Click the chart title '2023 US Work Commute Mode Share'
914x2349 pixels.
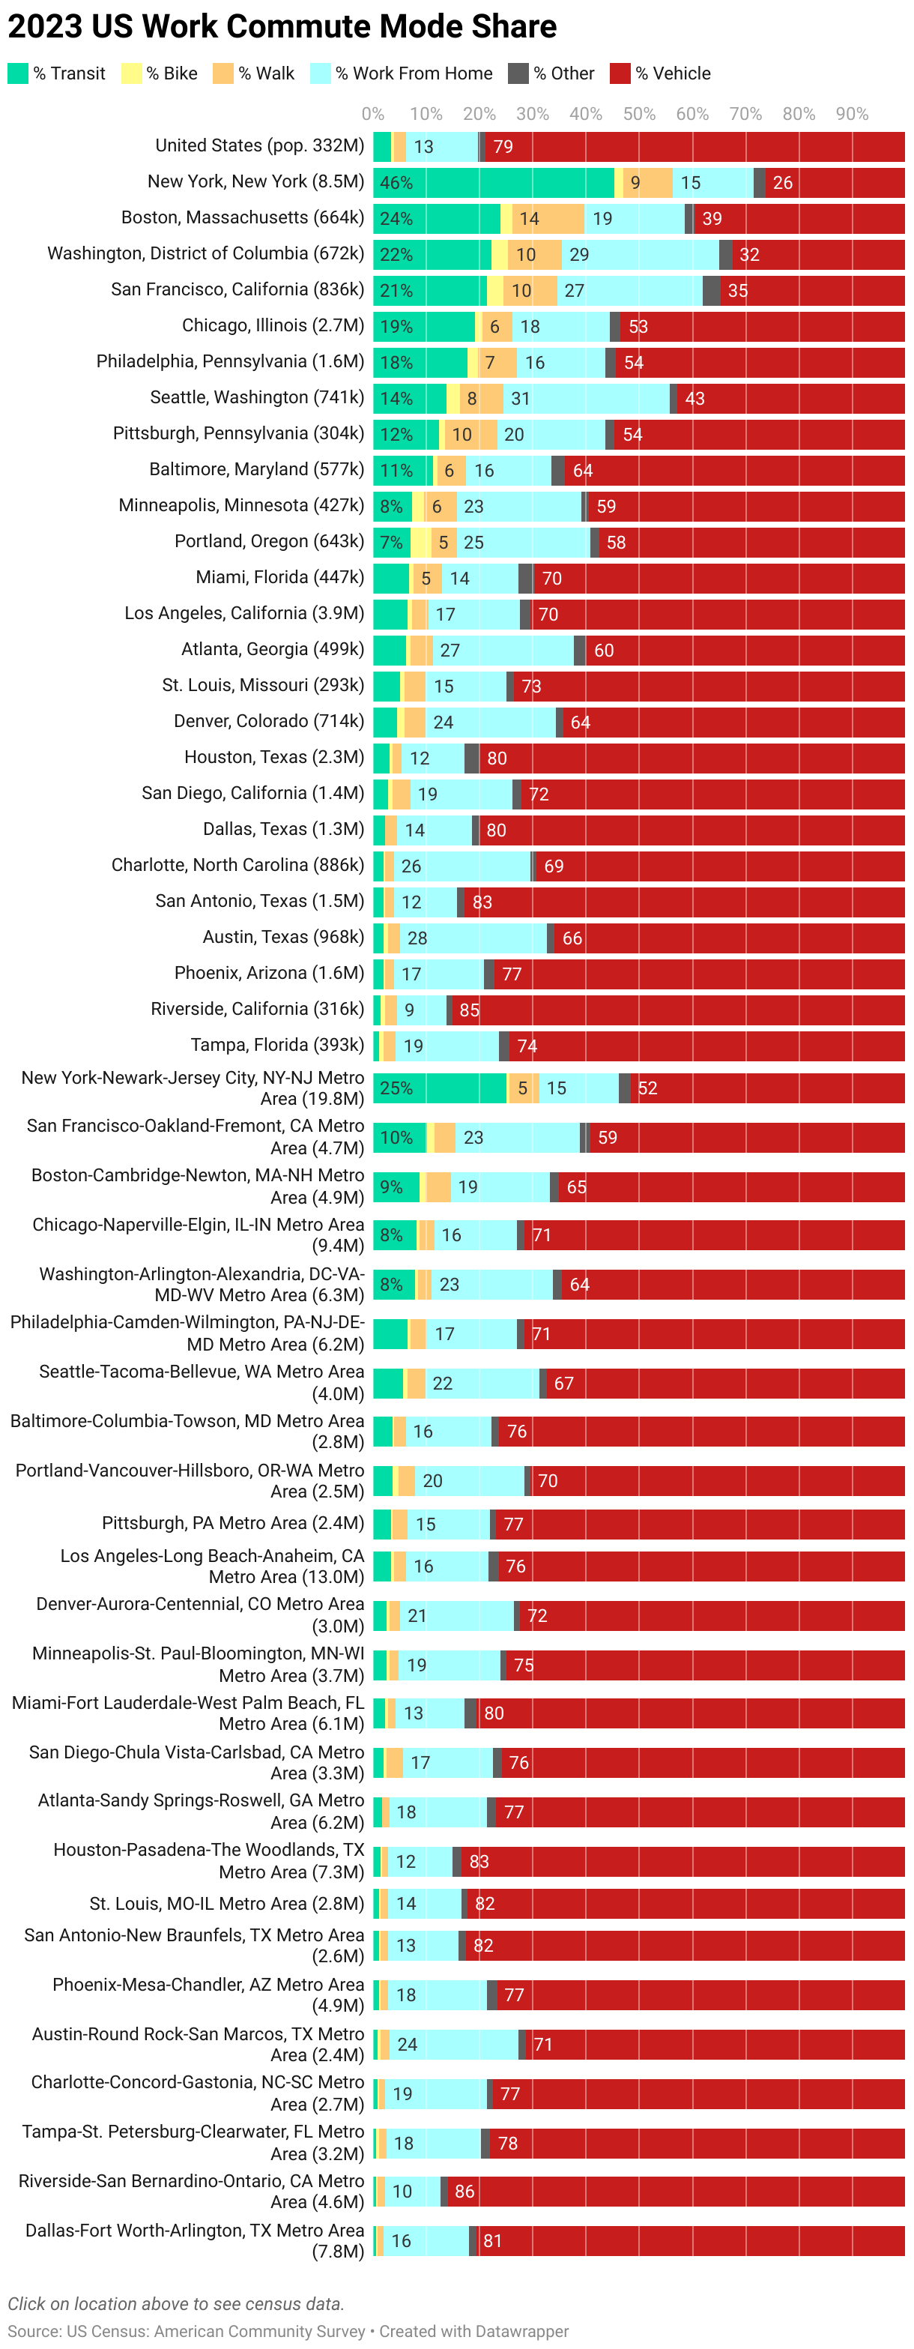282,26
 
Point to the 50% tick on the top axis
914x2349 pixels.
639,114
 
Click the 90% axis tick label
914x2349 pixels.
852,114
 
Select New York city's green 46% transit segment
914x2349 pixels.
493,182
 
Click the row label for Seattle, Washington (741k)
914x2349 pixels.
257,397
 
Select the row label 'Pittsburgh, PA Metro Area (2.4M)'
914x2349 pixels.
232,1524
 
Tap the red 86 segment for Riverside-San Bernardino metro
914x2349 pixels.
674,2192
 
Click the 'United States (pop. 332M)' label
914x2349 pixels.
260,146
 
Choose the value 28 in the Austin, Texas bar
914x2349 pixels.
417,938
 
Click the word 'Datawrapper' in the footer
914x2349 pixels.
518,2331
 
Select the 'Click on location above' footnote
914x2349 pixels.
176,2303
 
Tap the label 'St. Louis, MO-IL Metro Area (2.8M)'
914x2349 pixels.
226,1903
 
